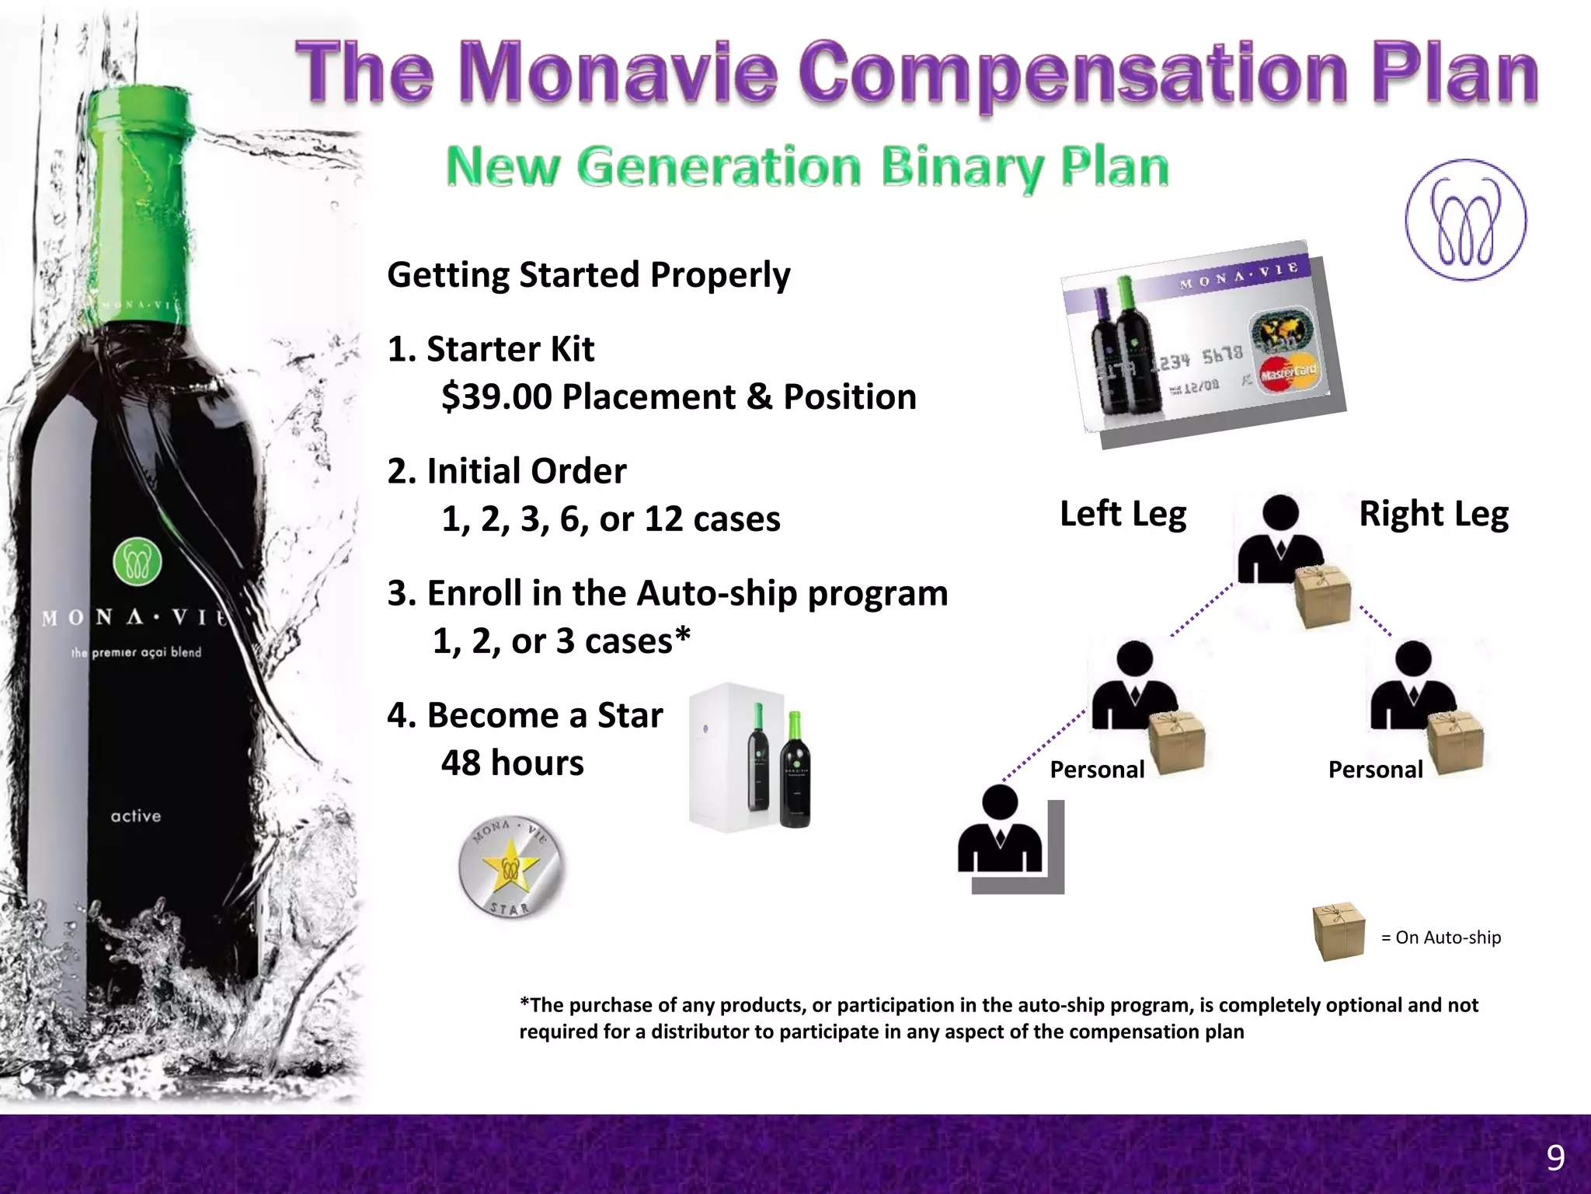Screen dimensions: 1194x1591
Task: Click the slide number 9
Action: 1555,1158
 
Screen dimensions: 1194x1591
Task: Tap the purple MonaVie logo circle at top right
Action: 1465,221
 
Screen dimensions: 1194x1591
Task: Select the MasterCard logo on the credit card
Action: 1288,374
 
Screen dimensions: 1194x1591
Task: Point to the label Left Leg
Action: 1123,514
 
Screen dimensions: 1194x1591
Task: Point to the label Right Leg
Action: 1433,514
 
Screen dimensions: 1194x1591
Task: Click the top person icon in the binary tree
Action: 1279,539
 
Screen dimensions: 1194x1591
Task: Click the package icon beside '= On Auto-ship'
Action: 1338,932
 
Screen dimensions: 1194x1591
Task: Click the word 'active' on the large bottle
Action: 136,816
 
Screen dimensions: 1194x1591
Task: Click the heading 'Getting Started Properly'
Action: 588,275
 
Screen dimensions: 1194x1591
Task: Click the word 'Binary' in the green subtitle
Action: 963,167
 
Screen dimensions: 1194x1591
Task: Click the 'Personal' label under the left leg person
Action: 1097,770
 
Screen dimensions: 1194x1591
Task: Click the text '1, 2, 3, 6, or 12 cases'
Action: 611,519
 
